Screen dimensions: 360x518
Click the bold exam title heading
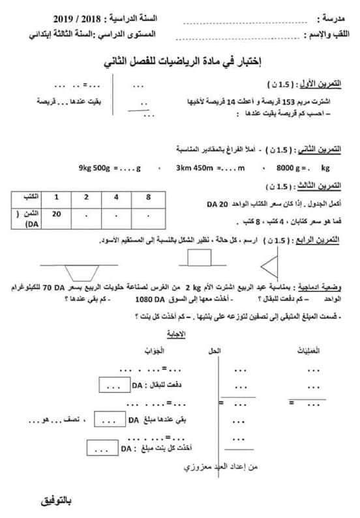pyautogui.click(x=180, y=63)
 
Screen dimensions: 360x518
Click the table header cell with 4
pyautogui.click(x=116, y=197)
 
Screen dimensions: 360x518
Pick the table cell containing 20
pyautogui.click(x=56, y=214)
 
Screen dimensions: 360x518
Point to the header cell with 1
pyautogui.click(x=56, y=197)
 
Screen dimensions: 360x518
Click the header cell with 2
pyautogui.click(x=86, y=197)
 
